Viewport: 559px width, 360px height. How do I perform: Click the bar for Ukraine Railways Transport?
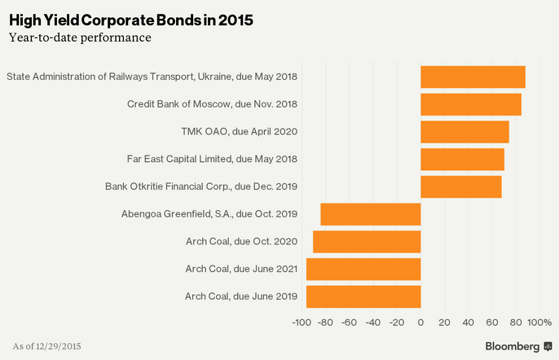tap(473, 77)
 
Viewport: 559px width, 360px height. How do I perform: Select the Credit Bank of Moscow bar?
tap(471, 104)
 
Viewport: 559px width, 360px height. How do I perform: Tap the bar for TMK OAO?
tap(464, 132)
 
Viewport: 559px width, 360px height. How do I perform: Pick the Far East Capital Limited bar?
tap(462, 160)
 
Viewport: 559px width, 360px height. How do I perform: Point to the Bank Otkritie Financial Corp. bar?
tap(461, 187)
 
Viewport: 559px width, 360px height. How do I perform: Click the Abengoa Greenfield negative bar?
tap(371, 214)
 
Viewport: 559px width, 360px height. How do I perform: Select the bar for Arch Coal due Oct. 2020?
tap(367, 242)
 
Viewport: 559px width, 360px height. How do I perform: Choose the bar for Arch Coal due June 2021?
tap(363, 269)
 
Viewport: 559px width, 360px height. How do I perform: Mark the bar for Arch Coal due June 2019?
tap(363, 296)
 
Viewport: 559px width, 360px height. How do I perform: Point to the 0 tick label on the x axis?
tap(420, 323)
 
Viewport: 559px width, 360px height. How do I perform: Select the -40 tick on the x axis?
tap(372, 323)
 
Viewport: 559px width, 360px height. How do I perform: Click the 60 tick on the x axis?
tap(492, 323)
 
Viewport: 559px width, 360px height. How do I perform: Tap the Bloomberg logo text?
tap(512, 346)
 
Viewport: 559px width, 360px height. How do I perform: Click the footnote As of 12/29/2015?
tap(47, 346)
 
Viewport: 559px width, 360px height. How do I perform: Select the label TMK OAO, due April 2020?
tap(239, 132)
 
